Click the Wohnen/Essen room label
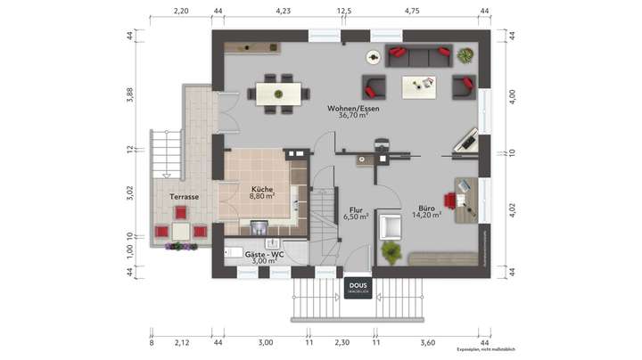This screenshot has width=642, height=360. pos(359,108)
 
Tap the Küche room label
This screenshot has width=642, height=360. pos(262,190)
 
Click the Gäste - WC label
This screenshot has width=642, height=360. pos(265,254)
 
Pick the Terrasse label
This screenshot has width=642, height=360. pos(184,196)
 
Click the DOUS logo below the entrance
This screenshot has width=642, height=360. pos(358,288)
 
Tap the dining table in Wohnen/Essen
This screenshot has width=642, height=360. pos(280,92)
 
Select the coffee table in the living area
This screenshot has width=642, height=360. pos(419,86)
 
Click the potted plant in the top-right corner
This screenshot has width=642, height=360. pos(465,56)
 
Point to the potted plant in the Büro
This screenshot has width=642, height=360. pos(391,252)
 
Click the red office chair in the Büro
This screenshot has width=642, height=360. pos(451,200)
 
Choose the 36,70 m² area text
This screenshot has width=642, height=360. pos(359,115)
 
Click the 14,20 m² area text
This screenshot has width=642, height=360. pos(427,216)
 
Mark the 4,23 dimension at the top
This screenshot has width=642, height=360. pos(284,12)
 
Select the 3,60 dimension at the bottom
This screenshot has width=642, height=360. pos(427,342)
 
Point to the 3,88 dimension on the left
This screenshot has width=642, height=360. pos(129,95)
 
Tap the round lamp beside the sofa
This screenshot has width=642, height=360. pos(373,57)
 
